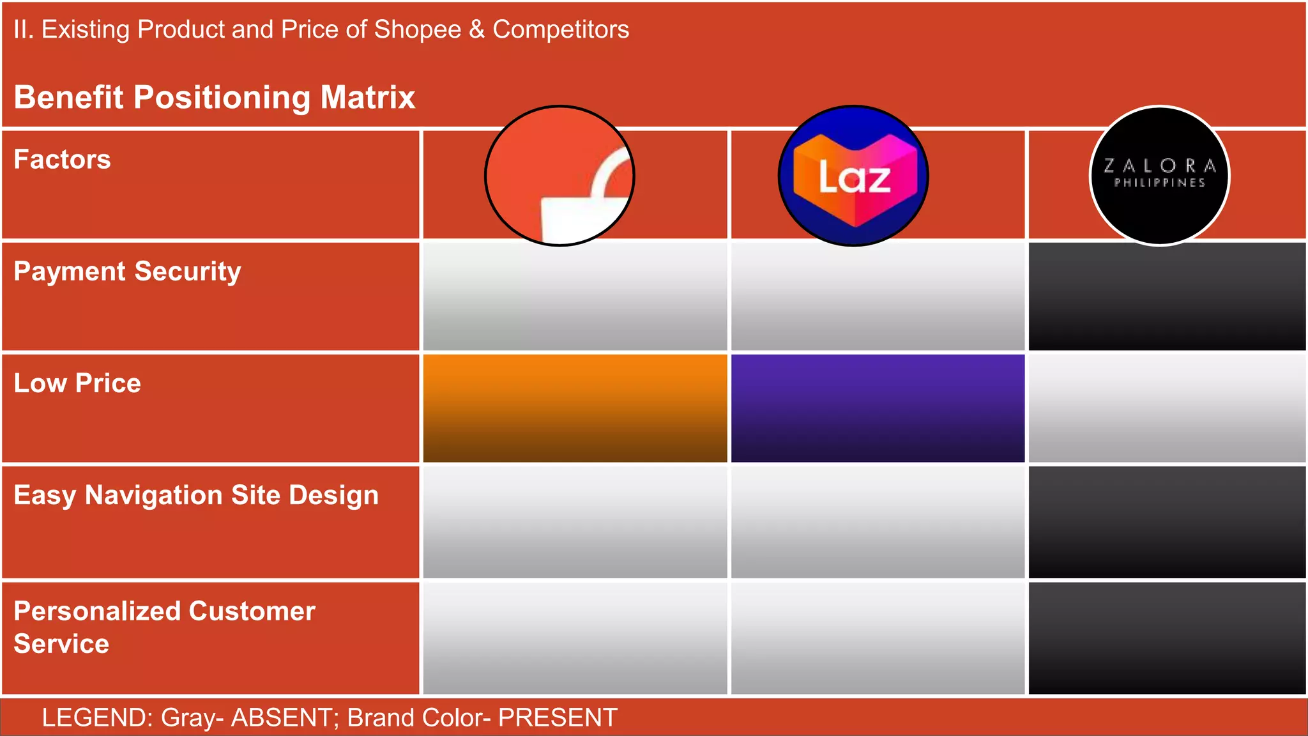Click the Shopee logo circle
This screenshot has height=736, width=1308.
559,176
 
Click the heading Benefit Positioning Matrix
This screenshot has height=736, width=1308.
215,98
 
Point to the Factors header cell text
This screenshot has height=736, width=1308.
62,160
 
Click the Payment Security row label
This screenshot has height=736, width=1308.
127,272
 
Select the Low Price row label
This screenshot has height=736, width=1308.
77,383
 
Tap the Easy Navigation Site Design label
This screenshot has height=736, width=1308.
196,496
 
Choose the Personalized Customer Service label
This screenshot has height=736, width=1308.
164,627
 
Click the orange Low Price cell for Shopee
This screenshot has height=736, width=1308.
575,408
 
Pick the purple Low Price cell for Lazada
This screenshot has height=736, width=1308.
878,408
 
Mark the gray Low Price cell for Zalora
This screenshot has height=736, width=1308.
1167,408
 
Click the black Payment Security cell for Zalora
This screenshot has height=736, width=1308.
1167,296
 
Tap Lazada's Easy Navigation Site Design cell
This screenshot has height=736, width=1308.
878,522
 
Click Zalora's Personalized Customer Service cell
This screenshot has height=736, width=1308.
1167,638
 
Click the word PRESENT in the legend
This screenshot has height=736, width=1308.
558,717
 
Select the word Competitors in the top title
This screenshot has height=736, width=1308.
561,29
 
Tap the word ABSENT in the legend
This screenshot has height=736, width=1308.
281,717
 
